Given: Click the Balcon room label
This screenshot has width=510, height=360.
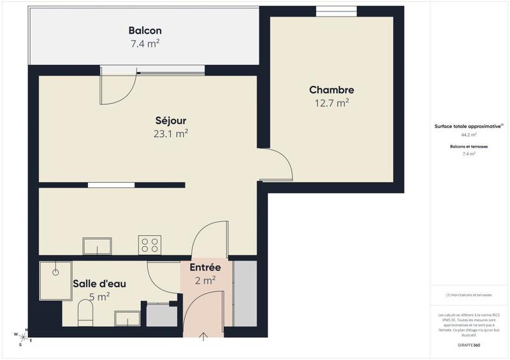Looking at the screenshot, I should pyautogui.click(x=145, y=31).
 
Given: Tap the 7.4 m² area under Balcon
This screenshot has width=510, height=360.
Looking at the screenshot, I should pyautogui.click(x=145, y=44).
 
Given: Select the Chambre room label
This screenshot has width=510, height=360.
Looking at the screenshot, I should pyautogui.click(x=331, y=90).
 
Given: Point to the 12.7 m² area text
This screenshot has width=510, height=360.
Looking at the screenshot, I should pyautogui.click(x=331, y=103).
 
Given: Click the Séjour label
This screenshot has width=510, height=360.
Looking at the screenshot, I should pyautogui.click(x=171, y=120).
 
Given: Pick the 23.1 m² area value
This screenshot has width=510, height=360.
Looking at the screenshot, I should pyautogui.click(x=171, y=134).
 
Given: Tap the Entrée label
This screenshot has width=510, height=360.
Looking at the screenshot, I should pyautogui.click(x=205, y=268).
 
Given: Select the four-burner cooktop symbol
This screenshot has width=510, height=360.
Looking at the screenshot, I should pyautogui.click(x=150, y=246).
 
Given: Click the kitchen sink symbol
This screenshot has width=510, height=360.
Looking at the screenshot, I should pyautogui.click(x=97, y=246).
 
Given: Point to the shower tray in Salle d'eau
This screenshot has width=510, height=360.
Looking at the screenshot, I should pyautogui.click(x=55, y=279).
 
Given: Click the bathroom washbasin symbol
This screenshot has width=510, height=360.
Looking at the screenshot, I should pyautogui.click(x=127, y=317).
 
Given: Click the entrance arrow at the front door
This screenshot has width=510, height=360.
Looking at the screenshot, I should pyautogui.click(x=204, y=337).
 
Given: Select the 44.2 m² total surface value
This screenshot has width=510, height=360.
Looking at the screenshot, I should pyautogui.click(x=469, y=135).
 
